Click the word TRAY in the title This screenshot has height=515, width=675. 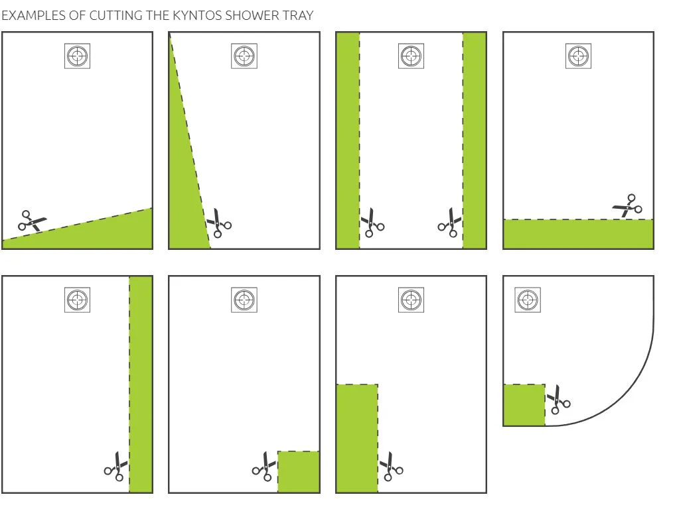click(298, 15)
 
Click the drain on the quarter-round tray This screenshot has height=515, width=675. click(528, 300)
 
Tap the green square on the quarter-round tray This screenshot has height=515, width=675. click(524, 405)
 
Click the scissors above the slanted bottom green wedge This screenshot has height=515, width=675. click(33, 221)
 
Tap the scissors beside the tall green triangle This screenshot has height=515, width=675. click(219, 223)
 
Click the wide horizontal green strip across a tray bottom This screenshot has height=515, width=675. click(578, 234)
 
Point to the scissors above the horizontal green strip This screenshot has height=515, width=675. click(628, 205)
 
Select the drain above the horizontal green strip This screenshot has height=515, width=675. click(578, 56)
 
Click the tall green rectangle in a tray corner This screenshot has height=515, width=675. click(357, 438)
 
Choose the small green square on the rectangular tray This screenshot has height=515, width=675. click(298, 471)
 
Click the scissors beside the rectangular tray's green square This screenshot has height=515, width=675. click(264, 466)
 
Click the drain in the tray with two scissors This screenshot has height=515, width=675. click(411, 56)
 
